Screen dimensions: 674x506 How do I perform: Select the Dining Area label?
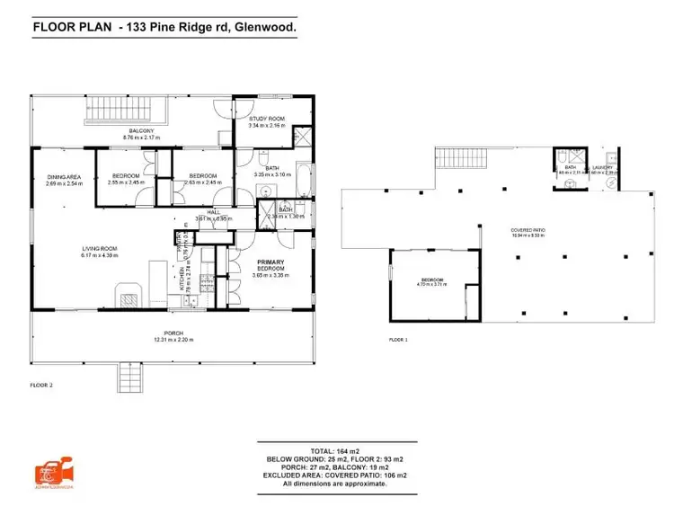[x=65, y=177]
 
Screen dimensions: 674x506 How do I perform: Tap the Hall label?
[x=214, y=212]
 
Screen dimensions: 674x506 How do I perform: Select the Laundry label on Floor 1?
[x=602, y=167]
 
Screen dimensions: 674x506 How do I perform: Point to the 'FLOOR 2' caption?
[x=41, y=385]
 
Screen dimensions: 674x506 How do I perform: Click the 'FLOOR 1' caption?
[x=398, y=340]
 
